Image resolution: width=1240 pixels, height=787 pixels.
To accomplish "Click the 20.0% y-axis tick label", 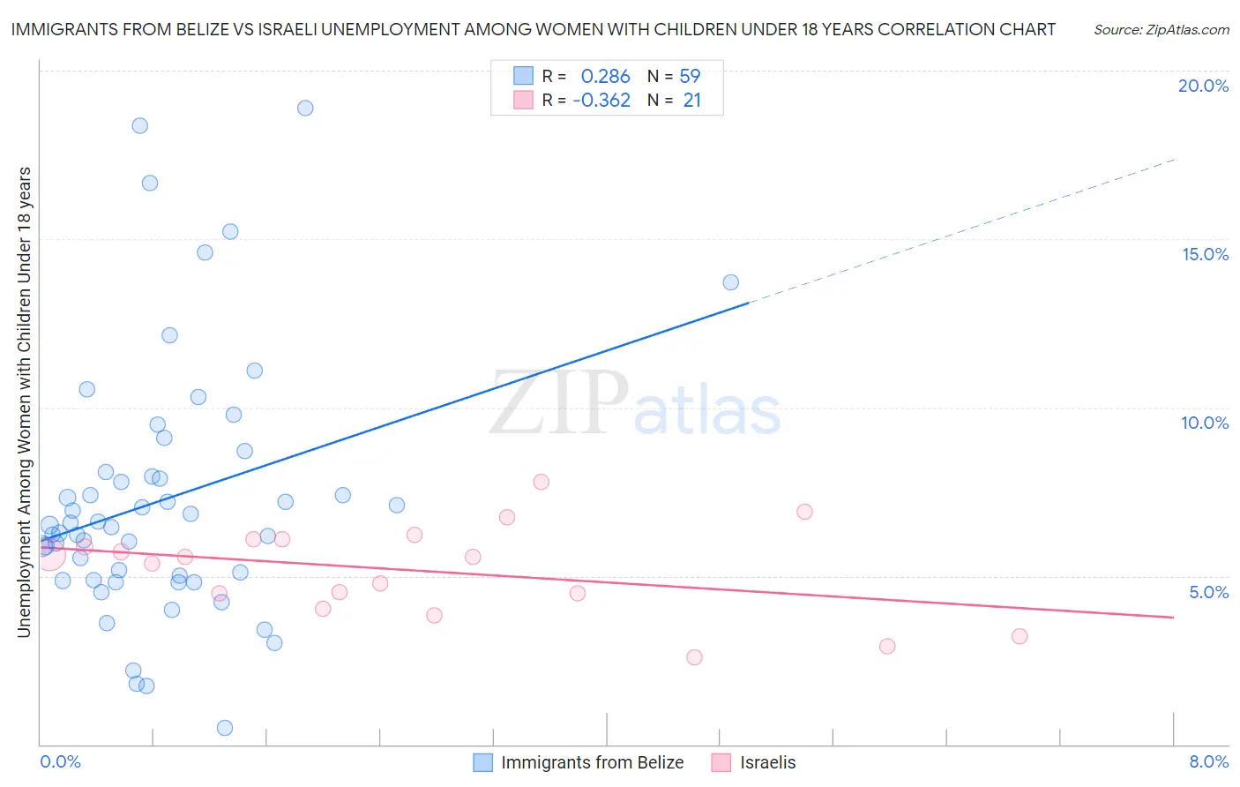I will [1203, 86].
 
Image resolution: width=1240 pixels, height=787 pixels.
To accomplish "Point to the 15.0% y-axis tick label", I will [1205, 254].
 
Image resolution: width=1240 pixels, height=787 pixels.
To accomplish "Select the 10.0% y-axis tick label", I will [1205, 423].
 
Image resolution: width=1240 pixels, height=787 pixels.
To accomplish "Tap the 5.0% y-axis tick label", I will [1208, 592].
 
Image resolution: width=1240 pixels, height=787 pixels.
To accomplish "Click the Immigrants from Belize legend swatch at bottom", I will [482, 762].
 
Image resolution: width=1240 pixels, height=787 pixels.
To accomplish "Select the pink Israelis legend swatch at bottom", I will [721, 762].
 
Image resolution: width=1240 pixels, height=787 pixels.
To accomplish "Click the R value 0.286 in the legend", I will [605, 77].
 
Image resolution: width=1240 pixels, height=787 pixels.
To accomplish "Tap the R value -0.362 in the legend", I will [601, 101].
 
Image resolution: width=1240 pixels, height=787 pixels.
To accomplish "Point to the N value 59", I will [690, 77].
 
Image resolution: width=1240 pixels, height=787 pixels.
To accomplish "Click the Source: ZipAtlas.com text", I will [1161, 30].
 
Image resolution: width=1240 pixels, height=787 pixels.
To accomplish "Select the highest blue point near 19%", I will [305, 108].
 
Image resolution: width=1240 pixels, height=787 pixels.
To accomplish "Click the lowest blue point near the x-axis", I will [225, 728].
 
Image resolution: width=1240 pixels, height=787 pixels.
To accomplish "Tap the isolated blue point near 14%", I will [731, 282].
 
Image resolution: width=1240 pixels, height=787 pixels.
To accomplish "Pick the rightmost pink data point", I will [1020, 636].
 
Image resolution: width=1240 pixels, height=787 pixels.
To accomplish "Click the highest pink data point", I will [542, 482].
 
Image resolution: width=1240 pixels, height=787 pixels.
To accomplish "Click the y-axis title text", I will [24, 401].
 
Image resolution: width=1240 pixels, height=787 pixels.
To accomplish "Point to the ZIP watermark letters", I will [559, 404].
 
